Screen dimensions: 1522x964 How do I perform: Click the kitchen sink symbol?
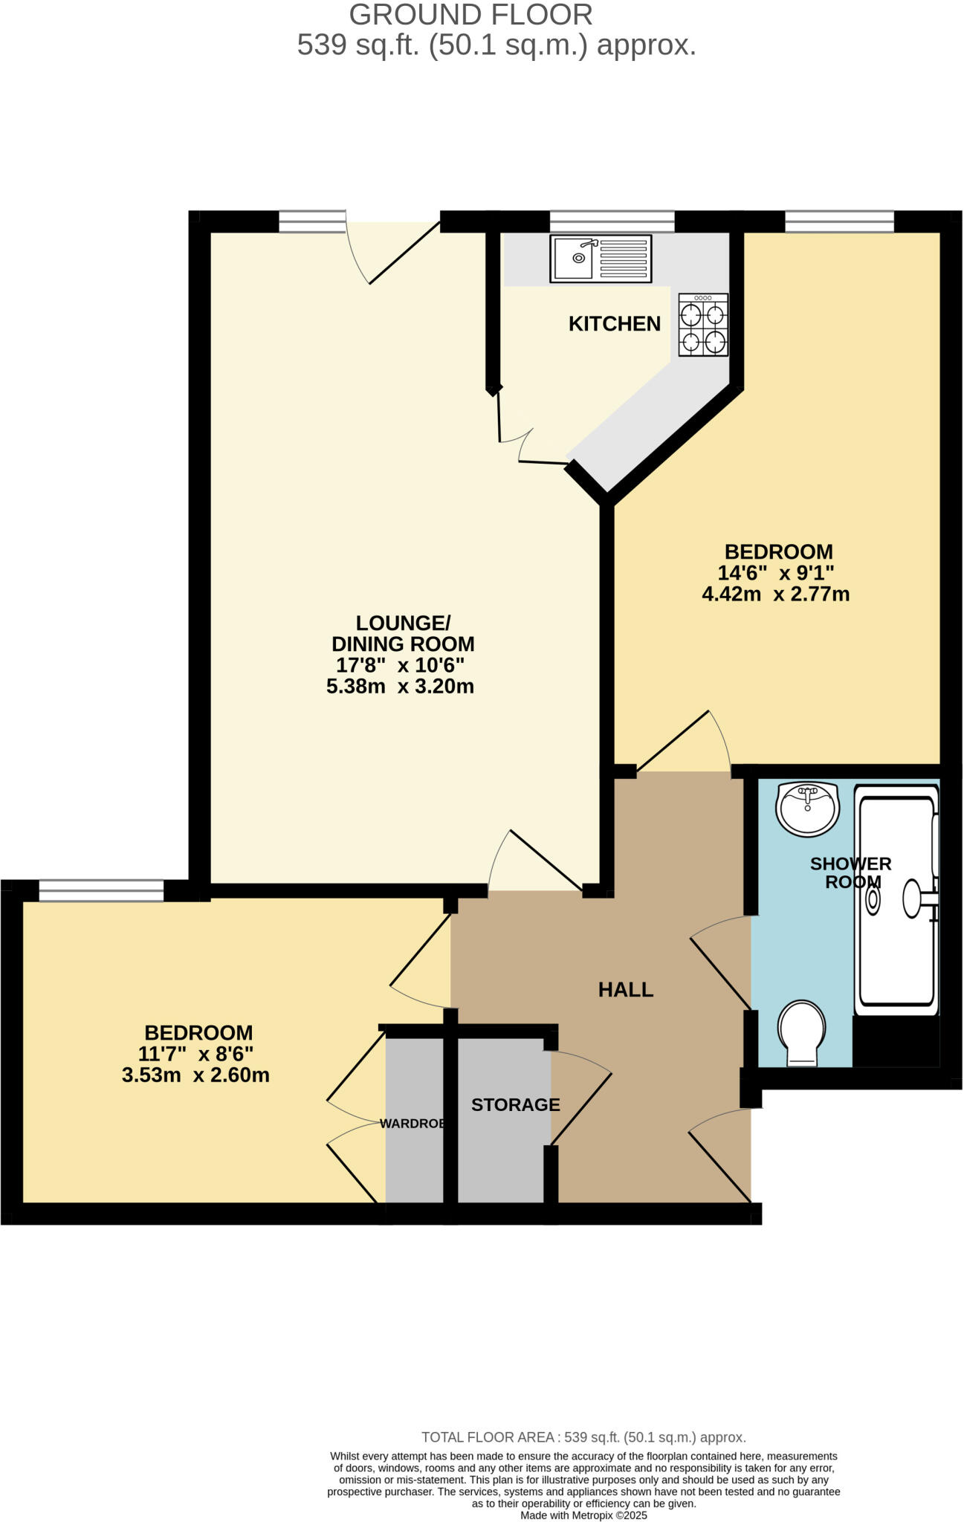601,259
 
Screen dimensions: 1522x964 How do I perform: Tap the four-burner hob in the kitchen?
702,326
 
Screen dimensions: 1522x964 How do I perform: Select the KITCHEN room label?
614,324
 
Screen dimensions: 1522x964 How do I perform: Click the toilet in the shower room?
801,1032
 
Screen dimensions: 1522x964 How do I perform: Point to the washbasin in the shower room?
807,809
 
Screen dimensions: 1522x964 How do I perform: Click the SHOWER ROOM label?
850,872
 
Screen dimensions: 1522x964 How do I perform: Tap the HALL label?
625,989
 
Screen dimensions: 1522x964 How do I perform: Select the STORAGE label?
515,1104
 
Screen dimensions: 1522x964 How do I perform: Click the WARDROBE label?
413,1124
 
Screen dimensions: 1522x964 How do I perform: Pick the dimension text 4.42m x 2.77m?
775,595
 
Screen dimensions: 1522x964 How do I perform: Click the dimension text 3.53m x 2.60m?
195,1075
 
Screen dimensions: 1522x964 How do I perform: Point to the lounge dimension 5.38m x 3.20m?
400,686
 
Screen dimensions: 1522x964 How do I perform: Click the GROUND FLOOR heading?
470,15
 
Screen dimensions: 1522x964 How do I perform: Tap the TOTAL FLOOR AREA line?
583,1437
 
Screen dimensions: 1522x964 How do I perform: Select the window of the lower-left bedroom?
101,890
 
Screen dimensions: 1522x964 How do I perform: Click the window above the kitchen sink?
612,221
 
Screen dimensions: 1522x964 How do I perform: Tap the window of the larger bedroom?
839,221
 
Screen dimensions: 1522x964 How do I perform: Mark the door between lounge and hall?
535,862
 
